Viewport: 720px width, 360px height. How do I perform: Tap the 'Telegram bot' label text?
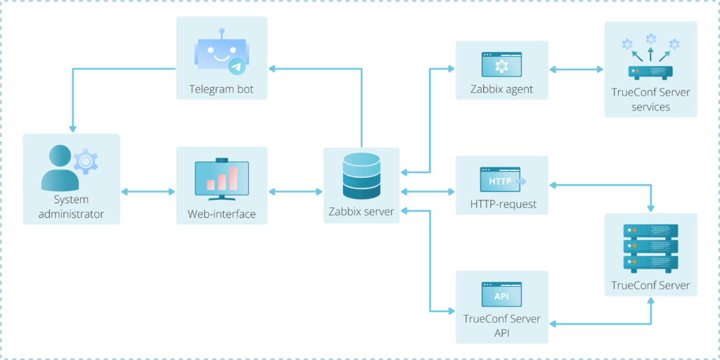click(x=221, y=89)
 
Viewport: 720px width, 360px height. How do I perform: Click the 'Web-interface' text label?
click(x=221, y=214)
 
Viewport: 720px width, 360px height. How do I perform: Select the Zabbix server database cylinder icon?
click(x=361, y=176)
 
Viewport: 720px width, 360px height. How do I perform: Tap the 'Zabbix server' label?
click(x=361, y=212)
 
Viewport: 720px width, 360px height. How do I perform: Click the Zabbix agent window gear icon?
click(x=501, y=65)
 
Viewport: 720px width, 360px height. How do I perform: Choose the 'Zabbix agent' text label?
click(x=501, y=89)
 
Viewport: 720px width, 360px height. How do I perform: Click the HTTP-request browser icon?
click(x=501, y=180)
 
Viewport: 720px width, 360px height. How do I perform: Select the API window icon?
click(x=501, y=295)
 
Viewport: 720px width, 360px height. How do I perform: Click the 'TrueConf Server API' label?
click(x=501, y=325)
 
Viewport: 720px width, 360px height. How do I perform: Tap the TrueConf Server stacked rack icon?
click(x=650, y=248)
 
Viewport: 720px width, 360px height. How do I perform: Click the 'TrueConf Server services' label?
click(x=650, y=100)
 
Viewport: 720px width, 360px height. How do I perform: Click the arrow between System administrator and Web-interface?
click(x=148, y=191)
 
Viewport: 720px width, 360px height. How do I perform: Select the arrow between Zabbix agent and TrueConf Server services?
click(x=576, y=69)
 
